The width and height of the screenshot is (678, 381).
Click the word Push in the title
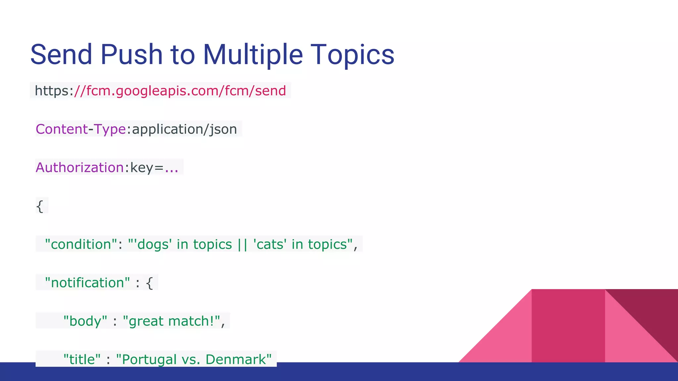click(131, 55)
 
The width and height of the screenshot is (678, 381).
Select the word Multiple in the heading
click(253, 55)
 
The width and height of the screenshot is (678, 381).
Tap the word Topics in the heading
click(352, 55)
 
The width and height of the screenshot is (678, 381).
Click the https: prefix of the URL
click(54, 91)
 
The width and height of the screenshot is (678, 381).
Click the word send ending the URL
click(270, 91)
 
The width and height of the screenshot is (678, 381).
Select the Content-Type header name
click(80, 129)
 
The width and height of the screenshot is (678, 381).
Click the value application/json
click(184, 129)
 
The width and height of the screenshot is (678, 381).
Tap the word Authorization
click(79, 167)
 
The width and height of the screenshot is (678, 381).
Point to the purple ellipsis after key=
click(171, 169)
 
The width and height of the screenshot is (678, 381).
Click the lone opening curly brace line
click(40, 206)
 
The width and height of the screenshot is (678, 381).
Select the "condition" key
click(81, 244)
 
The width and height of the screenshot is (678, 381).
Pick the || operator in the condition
click(242, 244)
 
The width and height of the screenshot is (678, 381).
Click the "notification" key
click(87, 283)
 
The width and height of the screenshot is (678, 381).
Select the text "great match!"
click(171, 321)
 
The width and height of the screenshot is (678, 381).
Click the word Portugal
click(149, 360)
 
